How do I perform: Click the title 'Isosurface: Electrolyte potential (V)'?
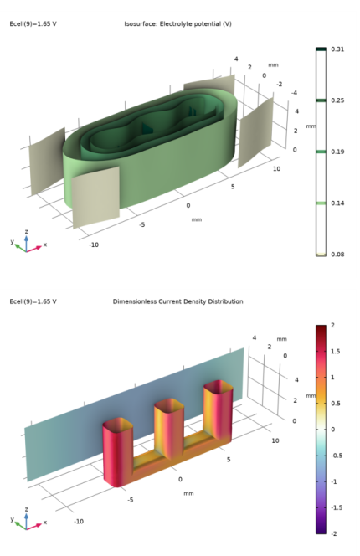[x=177, y=23]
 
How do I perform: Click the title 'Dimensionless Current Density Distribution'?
[x=177, y=301]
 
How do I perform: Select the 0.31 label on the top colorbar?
[x=337, y=50]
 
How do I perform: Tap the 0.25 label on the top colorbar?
[x=337, y=100]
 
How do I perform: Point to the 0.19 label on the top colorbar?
[x=337, y=152]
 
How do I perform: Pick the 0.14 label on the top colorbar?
[x=337, y=203]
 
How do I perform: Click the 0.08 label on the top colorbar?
[x=337, y=254]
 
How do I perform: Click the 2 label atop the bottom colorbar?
[x=333, y=325]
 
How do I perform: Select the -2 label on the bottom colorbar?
[x=335, y=533]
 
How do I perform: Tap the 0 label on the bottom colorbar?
[x=333, y=429]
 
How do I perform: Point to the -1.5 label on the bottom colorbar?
[x=337, y=507]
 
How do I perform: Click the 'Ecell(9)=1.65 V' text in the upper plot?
[x=33, y=23]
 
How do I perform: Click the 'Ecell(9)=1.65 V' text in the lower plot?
[x=33, y=301]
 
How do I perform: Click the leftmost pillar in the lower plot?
[x=117, y=452]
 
